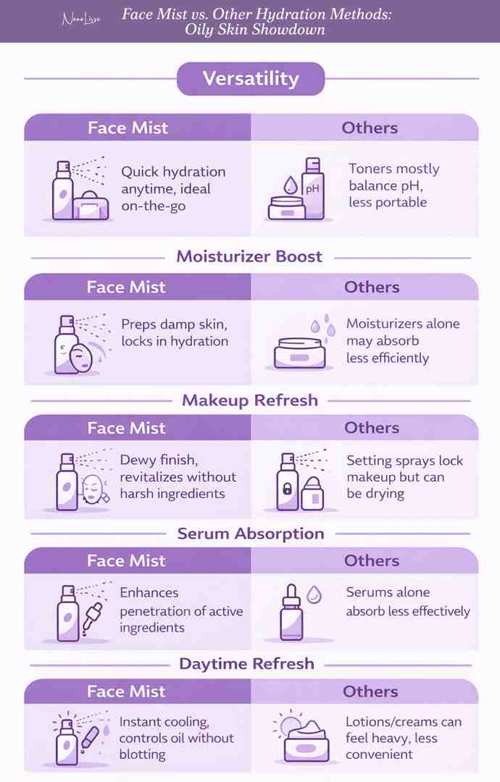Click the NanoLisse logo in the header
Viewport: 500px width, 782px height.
[x=80, y=21]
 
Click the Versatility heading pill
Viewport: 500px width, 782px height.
[x=250, y=78]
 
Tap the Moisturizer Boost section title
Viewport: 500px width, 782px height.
[x=249, y=256]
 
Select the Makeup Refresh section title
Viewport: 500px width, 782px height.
[x=249, y=400]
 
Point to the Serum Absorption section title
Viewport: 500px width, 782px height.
[x=251, y=534]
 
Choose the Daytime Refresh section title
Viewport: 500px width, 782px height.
[x=247, y=663]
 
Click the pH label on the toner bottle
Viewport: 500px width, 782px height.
[x=312, y=188]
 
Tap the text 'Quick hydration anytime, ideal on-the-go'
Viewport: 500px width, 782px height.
[x=172, y=188]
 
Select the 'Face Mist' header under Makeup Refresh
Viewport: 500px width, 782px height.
[x=127, y=428]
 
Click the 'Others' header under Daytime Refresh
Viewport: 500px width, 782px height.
[x=371, y=691]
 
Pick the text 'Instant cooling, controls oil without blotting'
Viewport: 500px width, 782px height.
[x=176, y=738]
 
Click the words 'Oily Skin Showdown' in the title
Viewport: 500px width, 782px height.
[x=254, y=30]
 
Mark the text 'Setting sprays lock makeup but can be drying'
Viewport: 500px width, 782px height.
[x=404, y=477]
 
